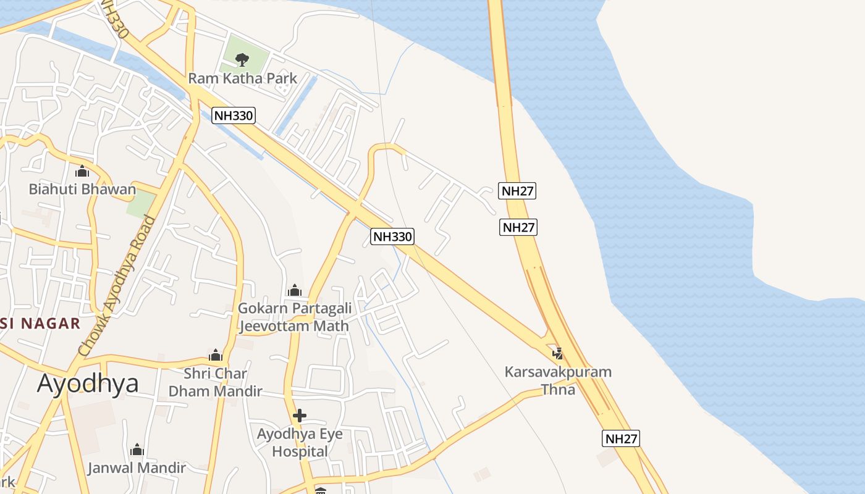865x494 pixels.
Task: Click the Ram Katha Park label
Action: click(242, 78)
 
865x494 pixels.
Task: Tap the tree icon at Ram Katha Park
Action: click(242, 59)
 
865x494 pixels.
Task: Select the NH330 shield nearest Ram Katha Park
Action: click(233, 115)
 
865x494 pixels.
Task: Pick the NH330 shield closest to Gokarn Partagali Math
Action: click(392, 236)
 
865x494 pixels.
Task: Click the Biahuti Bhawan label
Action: click(82, 189)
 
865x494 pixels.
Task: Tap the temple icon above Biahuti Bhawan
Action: click(82, 171)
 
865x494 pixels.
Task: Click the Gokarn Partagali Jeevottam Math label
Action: click(294, 317)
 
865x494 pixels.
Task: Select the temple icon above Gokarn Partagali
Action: click(295, 290)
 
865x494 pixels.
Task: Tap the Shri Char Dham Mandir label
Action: click(215, 382)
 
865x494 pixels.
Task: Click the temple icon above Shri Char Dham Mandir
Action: click(216, 355)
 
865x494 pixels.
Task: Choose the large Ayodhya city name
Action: click(88, 383)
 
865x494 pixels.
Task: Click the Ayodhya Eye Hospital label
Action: click(300, 442)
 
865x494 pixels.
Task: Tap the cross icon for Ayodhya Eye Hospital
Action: click(300, 415)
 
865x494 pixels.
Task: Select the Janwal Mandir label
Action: click(137, 467)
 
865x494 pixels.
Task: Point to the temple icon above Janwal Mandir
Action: click(137, 449)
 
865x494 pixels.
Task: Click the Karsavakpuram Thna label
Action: click(558, 380)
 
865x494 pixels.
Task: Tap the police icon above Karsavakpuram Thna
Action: click(558, 353)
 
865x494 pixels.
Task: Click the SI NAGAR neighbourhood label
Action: click(40, 323)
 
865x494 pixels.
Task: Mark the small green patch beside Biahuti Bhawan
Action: click(141, 203)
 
